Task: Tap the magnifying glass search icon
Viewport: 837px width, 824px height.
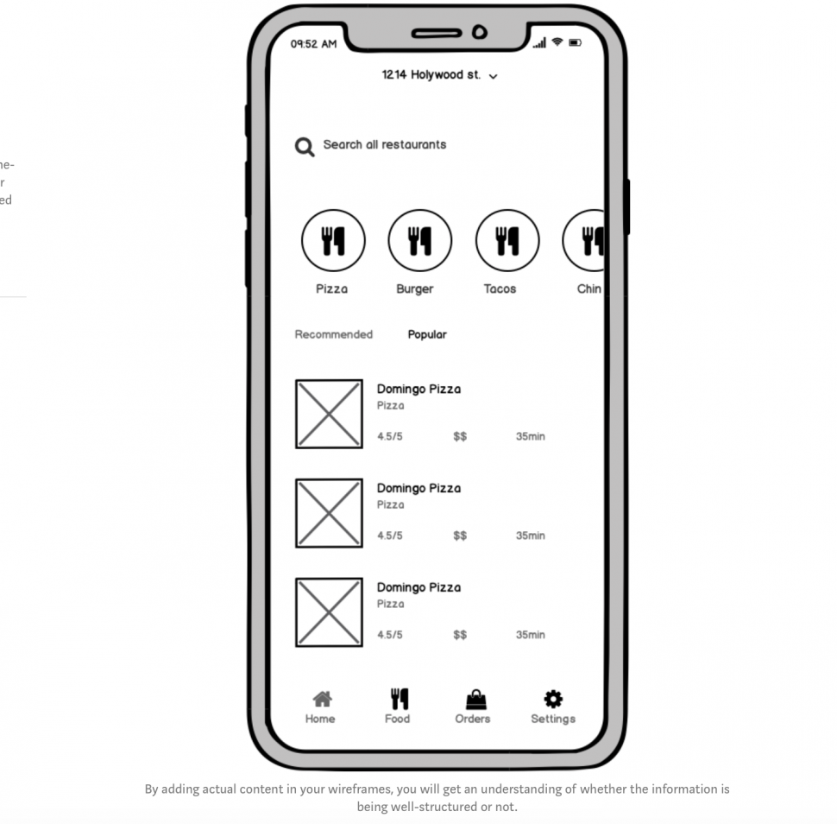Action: point(304,147)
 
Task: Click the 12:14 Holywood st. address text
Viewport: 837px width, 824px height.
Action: point(431,75)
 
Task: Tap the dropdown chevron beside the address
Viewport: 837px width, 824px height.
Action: point(494,77)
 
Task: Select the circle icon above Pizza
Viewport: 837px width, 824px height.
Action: point(332,241)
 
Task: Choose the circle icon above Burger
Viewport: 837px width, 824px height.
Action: point(419,241)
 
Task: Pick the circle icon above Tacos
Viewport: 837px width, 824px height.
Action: point(507,241)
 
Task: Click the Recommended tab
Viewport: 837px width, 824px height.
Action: point(333,334)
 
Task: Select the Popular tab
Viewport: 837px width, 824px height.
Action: point(427,334)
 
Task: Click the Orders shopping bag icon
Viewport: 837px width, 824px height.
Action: point(475,699)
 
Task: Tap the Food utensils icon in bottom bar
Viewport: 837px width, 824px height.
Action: point(399,699)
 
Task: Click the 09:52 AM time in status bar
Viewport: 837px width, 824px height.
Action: point(313,44)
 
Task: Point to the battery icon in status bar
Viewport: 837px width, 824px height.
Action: point(575,42)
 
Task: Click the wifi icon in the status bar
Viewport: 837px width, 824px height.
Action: point(557,41)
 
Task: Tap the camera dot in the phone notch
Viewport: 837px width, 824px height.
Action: point(480,34)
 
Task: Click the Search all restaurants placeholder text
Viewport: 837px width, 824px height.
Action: point(384,144)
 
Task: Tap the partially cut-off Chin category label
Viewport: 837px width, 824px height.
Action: point(588,288)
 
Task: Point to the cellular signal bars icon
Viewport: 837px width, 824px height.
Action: point(540,43)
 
